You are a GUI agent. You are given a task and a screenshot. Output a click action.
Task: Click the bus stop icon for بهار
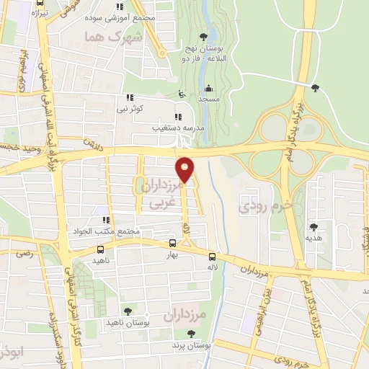172,244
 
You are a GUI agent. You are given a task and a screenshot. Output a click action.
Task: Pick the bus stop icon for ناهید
100,249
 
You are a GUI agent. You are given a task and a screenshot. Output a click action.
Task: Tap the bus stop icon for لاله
212,257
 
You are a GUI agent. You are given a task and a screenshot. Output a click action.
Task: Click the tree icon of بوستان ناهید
127,311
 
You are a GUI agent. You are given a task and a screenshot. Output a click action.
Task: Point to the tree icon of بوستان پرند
190,334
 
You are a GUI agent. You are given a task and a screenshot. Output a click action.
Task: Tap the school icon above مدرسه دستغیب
177,117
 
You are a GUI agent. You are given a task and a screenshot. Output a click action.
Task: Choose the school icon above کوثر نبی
130,97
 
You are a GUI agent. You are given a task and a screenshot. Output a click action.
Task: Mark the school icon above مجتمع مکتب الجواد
106,220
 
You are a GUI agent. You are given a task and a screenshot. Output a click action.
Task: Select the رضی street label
25,253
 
